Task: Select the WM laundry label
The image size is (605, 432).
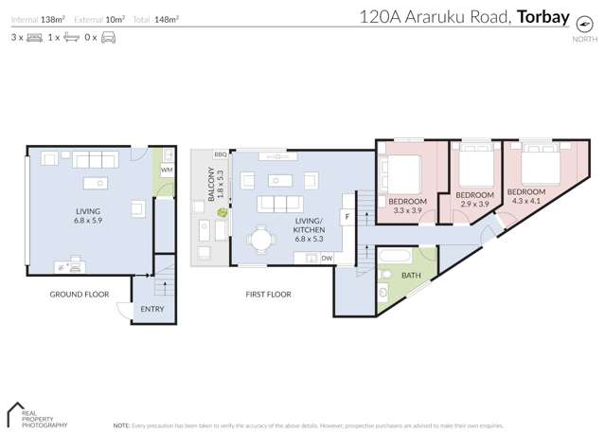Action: pos(166,171)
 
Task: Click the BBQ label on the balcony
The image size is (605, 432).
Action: pos(220,153)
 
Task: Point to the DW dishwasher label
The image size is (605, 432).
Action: pos(326,258)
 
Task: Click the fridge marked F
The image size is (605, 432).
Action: pos(347,217)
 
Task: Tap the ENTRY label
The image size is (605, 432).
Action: pos(151,309)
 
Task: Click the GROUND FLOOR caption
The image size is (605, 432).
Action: pos(80,295)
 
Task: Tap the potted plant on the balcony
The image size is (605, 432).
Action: pos(222,214)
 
